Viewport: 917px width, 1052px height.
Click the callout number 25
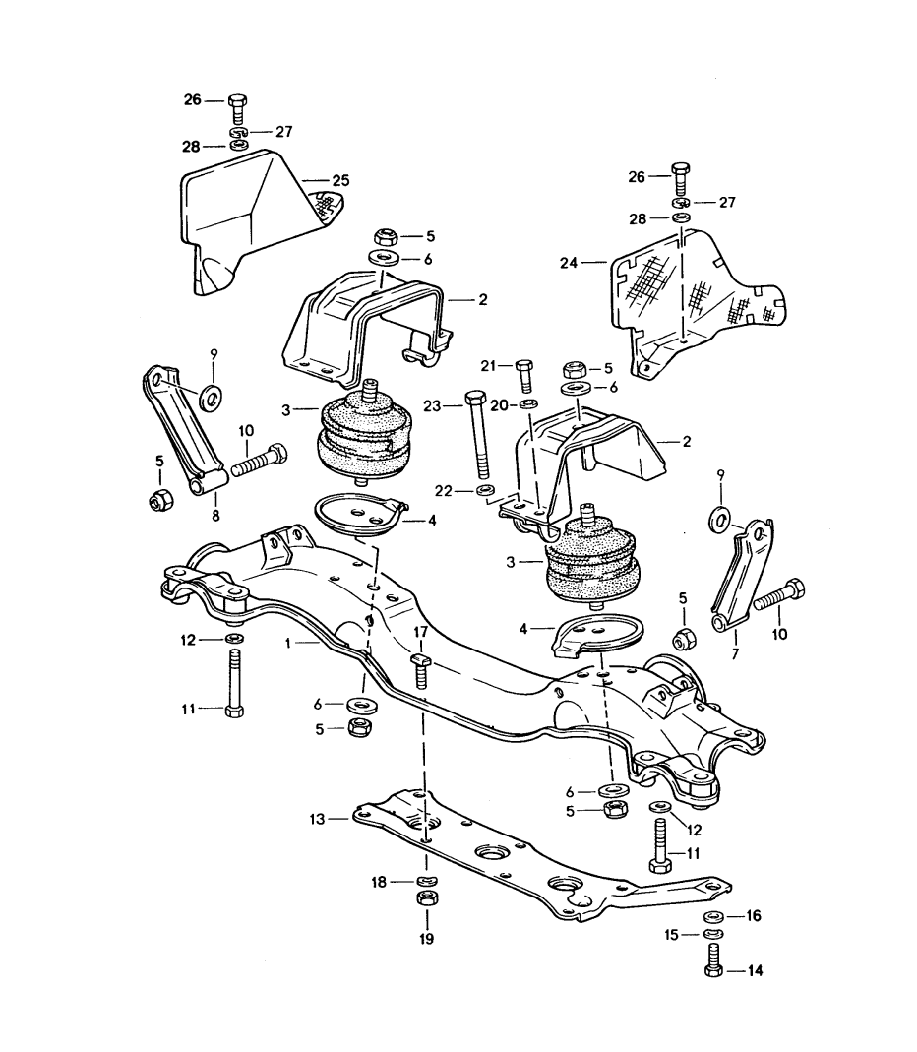[x=341, y=181]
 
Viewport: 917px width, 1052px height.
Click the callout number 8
[x=216, y=514]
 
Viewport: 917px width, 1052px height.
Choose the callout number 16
[x=755, y=915]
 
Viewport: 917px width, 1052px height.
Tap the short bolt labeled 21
[x=523, y=375]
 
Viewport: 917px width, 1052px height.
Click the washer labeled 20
[x=528, y=404]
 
